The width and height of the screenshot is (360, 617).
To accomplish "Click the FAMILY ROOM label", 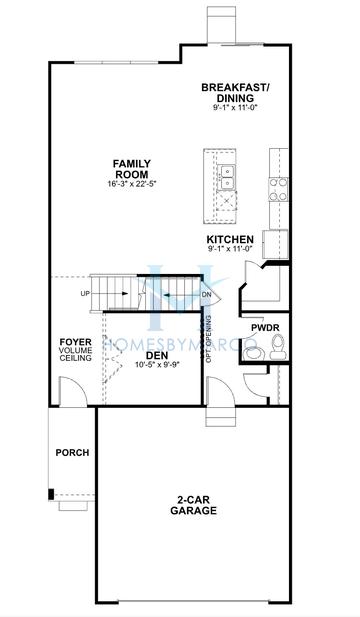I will coord(131,169).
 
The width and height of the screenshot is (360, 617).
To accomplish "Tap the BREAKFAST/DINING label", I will coord(236,93).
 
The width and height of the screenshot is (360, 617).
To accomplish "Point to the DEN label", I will coord(156,354).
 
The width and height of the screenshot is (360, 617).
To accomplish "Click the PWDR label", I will coord(265,327).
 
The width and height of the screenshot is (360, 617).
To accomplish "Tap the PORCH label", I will coord(72,453).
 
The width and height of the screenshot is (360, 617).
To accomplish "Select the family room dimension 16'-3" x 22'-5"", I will coord(131,184).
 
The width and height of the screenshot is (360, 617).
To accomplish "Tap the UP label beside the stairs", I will coord(86,294).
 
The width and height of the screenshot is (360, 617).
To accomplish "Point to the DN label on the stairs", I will coord(205,295).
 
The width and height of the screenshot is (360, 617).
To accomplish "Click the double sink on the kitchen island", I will coord(227,178).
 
